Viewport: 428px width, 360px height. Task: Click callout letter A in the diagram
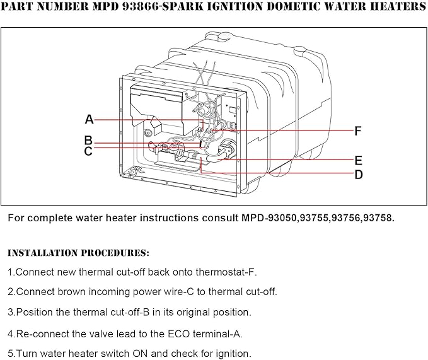tap(90, 119)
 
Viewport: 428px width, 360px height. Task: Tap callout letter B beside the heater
tap(88, 141)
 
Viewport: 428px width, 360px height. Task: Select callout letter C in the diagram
tap(88, 151)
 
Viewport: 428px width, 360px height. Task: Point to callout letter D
tap(359, 175)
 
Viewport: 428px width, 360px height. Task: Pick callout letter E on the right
tap(359, 161)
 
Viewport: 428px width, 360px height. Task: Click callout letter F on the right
tap(358, 131)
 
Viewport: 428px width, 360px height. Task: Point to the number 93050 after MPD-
tap(282, 218)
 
